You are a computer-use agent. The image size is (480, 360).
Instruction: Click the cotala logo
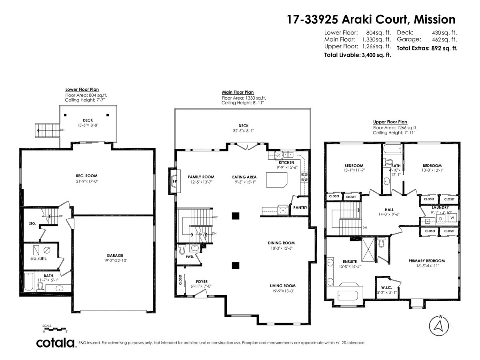[56, 343]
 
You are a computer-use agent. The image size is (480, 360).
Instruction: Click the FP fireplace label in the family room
[174, 181]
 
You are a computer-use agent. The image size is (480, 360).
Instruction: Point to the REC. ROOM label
[87, 176]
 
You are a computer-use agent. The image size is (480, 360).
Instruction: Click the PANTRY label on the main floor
[300, 208]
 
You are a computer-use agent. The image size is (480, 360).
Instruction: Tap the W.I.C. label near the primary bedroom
[386, 288]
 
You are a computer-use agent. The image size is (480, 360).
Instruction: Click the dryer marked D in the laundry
[440, 219]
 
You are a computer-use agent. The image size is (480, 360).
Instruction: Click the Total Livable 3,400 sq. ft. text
[357, 56]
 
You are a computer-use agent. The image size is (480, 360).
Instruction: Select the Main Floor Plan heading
[238, 92]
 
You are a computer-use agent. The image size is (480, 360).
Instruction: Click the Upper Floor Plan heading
[390, 122]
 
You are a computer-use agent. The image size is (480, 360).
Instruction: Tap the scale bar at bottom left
[55, 329]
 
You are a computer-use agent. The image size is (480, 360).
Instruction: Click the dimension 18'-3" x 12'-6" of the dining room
[281, 248]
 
